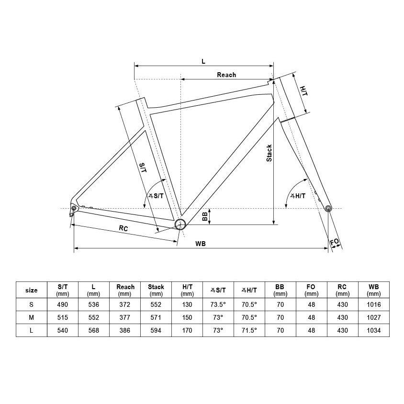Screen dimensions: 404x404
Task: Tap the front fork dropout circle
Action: point(328,208)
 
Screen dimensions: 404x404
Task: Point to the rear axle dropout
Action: point(74,208)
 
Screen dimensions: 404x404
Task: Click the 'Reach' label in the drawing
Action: point(226,75)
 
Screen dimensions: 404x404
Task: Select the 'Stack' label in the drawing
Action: point(269,153)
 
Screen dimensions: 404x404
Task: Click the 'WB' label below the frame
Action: point(201,244)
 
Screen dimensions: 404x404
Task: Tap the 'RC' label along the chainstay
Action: point(123,228)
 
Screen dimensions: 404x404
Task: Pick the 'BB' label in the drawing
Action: point(205,216)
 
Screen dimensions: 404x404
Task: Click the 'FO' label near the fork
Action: point(335,242)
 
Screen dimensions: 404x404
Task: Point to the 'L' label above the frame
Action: point(203,61)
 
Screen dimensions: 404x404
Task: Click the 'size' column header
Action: point(32,291)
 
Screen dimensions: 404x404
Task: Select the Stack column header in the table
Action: point(156,290)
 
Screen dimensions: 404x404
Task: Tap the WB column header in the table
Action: point(373,290)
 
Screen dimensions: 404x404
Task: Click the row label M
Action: point(32,317)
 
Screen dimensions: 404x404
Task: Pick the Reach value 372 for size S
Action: point(125,304)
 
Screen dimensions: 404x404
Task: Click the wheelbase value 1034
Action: point(373,330)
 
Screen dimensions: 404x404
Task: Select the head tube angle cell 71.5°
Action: point(249,330)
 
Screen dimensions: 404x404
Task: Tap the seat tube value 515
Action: point(63,317)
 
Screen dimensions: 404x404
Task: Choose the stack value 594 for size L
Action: point(156,330)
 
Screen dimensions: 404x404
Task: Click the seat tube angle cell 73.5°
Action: point(218,304)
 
